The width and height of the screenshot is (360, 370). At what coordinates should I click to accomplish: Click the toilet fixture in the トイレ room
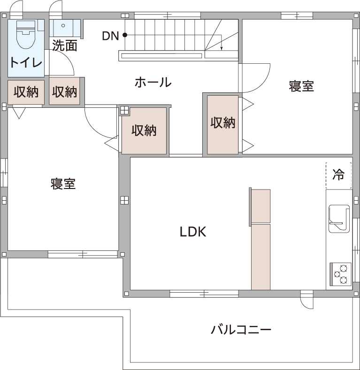coord(26,34)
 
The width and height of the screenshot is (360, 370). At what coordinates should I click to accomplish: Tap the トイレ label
coord(26,62)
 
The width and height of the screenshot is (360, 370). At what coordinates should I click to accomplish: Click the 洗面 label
coord(65,45)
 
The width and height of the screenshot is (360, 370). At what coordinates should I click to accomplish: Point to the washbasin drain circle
coord(63,25)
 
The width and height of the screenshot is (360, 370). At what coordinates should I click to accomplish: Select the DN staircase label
coord(110,36)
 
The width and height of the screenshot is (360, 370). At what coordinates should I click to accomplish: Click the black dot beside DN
coord(125,35)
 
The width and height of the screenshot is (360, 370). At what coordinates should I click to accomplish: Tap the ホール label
coord(153,82)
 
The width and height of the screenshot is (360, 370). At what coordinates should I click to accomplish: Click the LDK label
coord(193,232)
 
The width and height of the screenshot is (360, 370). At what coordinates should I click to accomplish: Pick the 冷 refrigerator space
coord(339,175)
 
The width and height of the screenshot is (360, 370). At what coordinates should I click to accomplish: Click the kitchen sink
coord(339,219)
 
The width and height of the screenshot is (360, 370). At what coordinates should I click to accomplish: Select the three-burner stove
coord(340,274)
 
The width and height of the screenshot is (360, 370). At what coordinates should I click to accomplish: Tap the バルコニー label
coord(241,329)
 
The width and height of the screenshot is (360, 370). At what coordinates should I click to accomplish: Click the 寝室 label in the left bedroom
coord(63,184)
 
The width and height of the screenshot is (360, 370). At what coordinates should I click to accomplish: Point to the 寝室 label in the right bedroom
coord(301,86)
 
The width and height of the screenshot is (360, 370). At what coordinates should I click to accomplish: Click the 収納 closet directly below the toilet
coord(26,92)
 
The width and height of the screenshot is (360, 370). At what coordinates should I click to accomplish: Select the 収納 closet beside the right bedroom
coord(223,125)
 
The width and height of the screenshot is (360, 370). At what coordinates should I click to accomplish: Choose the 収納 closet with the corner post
coord(144,131)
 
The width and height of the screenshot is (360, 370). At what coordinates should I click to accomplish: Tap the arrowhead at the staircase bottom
coord(222,49)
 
